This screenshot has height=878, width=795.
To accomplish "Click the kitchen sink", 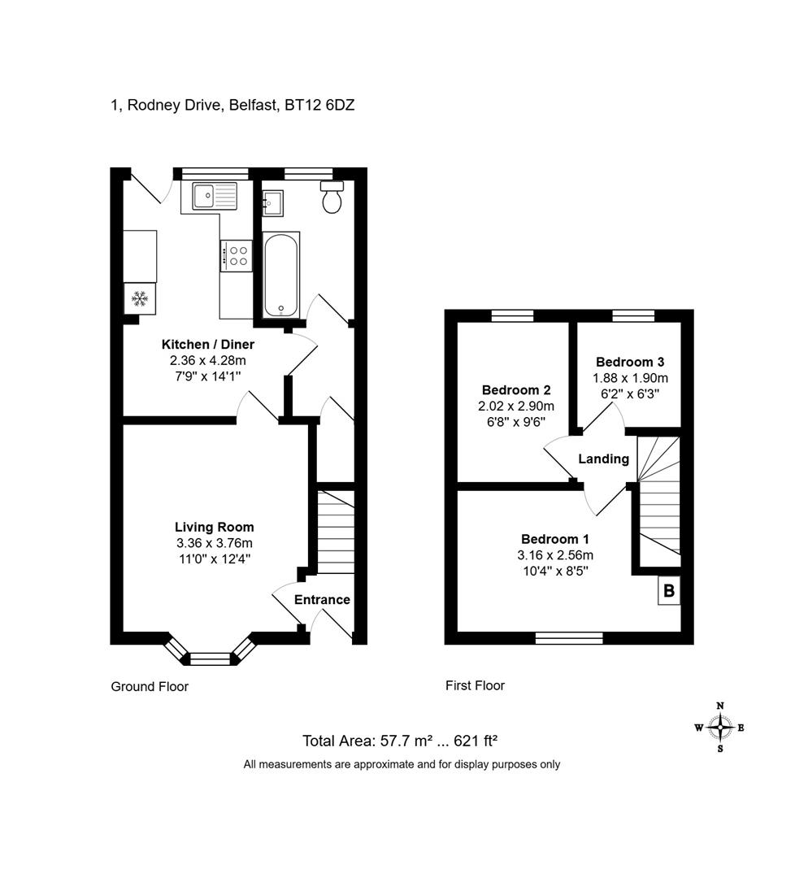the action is point(215,195).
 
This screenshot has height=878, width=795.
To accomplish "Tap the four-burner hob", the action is point(237,255).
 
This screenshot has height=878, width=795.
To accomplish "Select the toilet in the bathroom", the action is point(332,197).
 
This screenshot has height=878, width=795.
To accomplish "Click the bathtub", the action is point(281,275).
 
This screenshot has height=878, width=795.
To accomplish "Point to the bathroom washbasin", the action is point(273,202).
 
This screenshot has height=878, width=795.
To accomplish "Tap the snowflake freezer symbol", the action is point(139,298).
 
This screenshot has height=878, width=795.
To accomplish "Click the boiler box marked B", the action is point(669,590).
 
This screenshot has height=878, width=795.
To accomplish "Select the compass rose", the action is point(720,728).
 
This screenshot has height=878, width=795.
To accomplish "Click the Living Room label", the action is point(215,527).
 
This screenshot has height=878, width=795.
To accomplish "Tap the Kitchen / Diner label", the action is point(208,345).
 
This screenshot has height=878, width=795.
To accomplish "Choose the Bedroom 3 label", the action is point(630,362).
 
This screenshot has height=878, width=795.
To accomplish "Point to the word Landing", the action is point(603,459).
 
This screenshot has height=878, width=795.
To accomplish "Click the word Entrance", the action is point(322,600).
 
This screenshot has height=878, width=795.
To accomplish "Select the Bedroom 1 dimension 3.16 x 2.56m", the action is point(555,555).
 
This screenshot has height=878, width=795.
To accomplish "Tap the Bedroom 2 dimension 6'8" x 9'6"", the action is point(516,422).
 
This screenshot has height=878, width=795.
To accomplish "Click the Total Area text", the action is point(400,741).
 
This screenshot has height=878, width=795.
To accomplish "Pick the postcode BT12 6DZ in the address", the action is point(319,105).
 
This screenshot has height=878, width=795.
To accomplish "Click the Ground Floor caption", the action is point(150,686).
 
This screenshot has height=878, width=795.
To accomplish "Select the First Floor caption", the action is point(476,685).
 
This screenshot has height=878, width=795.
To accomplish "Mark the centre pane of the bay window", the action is point(211,658).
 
